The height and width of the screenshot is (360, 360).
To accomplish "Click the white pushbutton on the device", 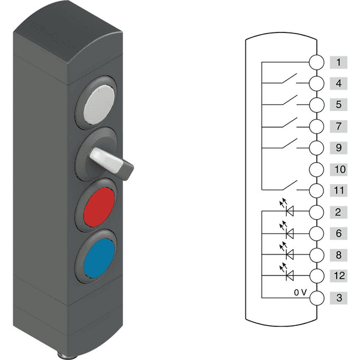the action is click(x=99, y=104).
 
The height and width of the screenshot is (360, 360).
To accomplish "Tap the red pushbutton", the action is click(x=99, y=207).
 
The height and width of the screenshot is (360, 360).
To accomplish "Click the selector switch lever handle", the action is click(x=112, y=163).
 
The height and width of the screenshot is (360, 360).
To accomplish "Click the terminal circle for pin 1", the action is click(x=316, y=62).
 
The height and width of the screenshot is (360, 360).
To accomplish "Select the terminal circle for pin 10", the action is click(x=316, y=169).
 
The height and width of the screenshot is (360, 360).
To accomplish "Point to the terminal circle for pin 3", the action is click(x=317, y=298).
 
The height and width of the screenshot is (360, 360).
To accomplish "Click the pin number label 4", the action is click(x=338, y=83).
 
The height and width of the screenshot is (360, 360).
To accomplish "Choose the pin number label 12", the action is click(x=339, y=276).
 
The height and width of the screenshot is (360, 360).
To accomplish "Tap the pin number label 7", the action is click(x=338, y=126).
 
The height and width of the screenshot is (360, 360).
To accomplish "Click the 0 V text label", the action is click(x=301, y=292).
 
